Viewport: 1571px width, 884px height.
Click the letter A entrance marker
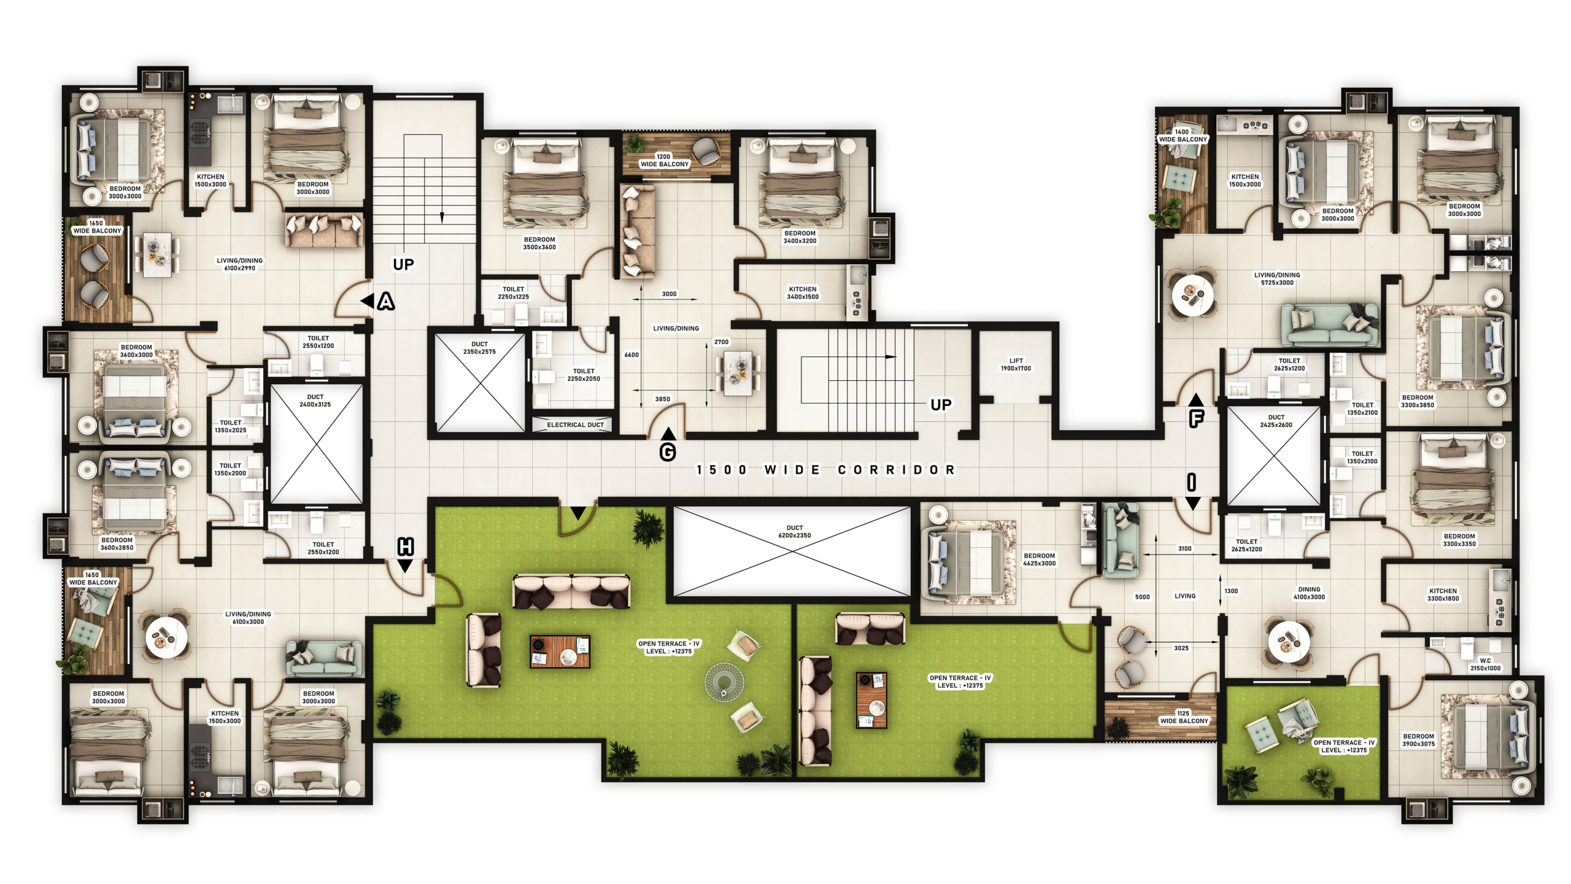coord(386,301)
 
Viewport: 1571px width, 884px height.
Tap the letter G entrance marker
coord(668,452)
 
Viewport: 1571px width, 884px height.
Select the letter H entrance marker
coord(406,546)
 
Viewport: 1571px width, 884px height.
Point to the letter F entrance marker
coord(1197,419)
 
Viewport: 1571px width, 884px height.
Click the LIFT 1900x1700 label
coord(1016,364)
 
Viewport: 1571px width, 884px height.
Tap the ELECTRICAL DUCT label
coord(575,425)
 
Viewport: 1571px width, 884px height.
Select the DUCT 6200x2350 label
coord(795,531)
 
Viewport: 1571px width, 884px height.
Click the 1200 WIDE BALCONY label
coord(664,160)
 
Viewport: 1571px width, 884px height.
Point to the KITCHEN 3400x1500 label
coord(803,293)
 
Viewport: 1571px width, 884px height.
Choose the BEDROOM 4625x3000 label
coord(1040,559)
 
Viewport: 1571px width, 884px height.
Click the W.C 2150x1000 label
coord(1486,664)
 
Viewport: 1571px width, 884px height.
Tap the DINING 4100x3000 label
coord(1309,593)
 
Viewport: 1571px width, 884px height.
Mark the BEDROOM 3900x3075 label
coord(1419,740)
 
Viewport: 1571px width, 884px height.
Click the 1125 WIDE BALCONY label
coord(1184,717)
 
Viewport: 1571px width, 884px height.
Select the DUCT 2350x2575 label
coord(479,348)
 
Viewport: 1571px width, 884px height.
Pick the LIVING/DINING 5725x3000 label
coord(1277,279)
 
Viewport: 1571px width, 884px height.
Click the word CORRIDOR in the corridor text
coord(897,470)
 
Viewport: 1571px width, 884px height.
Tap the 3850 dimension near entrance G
coord(663,399)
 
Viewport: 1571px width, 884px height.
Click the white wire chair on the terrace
coord(725,682)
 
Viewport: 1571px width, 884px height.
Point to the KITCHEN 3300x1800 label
coord(1443,594)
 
